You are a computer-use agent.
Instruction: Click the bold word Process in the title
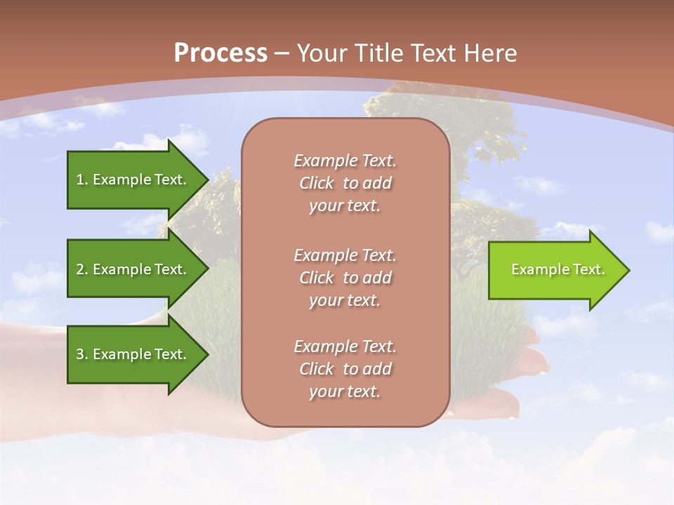click(x=220, y=53)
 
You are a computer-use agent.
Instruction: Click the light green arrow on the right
click(x=555, y=270)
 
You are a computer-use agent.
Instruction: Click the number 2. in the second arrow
click(x=82, y=269)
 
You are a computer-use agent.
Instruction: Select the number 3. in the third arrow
click(x=82, y=354)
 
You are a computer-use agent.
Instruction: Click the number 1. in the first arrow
click(x=82, y=180)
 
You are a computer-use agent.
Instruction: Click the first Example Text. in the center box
click(x=345, y=161)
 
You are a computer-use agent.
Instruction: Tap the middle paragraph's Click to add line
click(x=345, y=278)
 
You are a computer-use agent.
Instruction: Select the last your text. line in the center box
click(x=345, y=391)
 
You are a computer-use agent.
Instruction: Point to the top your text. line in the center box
click(x=345, y=206)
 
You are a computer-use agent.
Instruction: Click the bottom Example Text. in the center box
click(x=345, y=346)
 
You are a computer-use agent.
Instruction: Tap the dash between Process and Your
click(x=282, y=53)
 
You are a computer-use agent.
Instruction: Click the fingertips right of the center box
click(x=534, y=361)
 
